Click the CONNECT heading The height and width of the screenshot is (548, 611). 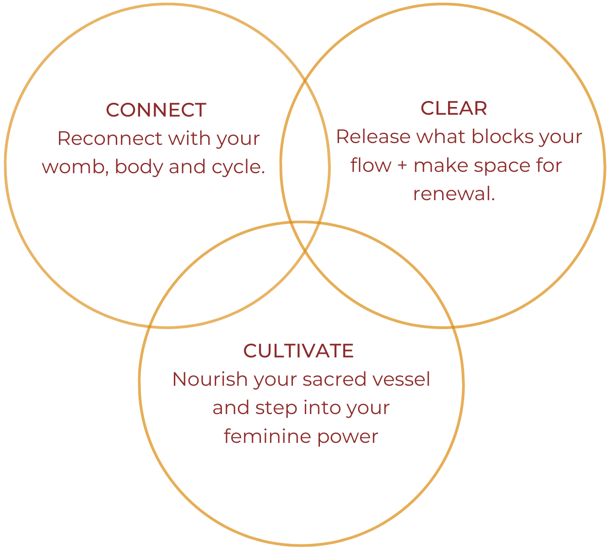click(156, 110)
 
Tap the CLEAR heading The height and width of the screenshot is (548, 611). click(454, 108)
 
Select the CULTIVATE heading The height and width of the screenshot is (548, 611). click(298, 351)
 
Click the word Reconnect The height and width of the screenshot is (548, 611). click(110, 138)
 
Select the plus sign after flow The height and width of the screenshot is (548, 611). click(402, 166)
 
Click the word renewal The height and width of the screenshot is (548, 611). click(454, 194)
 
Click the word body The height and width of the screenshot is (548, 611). click(139, 167)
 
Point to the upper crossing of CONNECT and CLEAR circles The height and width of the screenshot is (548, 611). click(305, 81)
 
